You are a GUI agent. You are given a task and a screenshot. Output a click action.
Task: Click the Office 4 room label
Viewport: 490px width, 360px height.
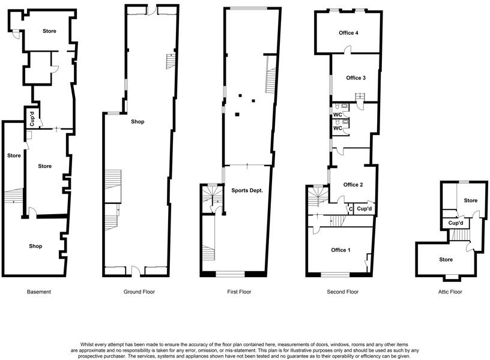click(348, 33)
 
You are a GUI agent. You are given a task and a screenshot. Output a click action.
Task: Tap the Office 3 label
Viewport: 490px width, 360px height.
click(355, 78)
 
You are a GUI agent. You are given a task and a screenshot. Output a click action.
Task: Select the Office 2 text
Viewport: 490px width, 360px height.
click(353, 185)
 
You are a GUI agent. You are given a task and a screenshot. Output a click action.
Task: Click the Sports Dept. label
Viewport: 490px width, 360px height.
click(247, 190)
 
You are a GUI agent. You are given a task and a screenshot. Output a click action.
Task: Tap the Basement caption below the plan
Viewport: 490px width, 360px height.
click(39, 292)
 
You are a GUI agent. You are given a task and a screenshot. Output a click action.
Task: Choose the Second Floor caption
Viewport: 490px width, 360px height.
click(343, 292)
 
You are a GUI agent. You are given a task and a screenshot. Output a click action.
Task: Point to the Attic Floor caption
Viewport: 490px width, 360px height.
click(450, 292)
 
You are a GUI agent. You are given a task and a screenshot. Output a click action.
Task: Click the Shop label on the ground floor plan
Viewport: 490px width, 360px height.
click(138, 122)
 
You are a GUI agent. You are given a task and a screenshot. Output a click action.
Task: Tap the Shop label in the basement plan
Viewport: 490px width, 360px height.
click(36, 246)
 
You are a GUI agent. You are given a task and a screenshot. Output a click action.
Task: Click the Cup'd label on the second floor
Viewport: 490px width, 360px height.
click(364, 209)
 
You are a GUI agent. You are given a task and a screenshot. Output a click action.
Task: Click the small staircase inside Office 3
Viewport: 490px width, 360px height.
click(361, 98)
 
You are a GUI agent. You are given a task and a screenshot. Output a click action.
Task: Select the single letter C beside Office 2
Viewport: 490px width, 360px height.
click(351, 209)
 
